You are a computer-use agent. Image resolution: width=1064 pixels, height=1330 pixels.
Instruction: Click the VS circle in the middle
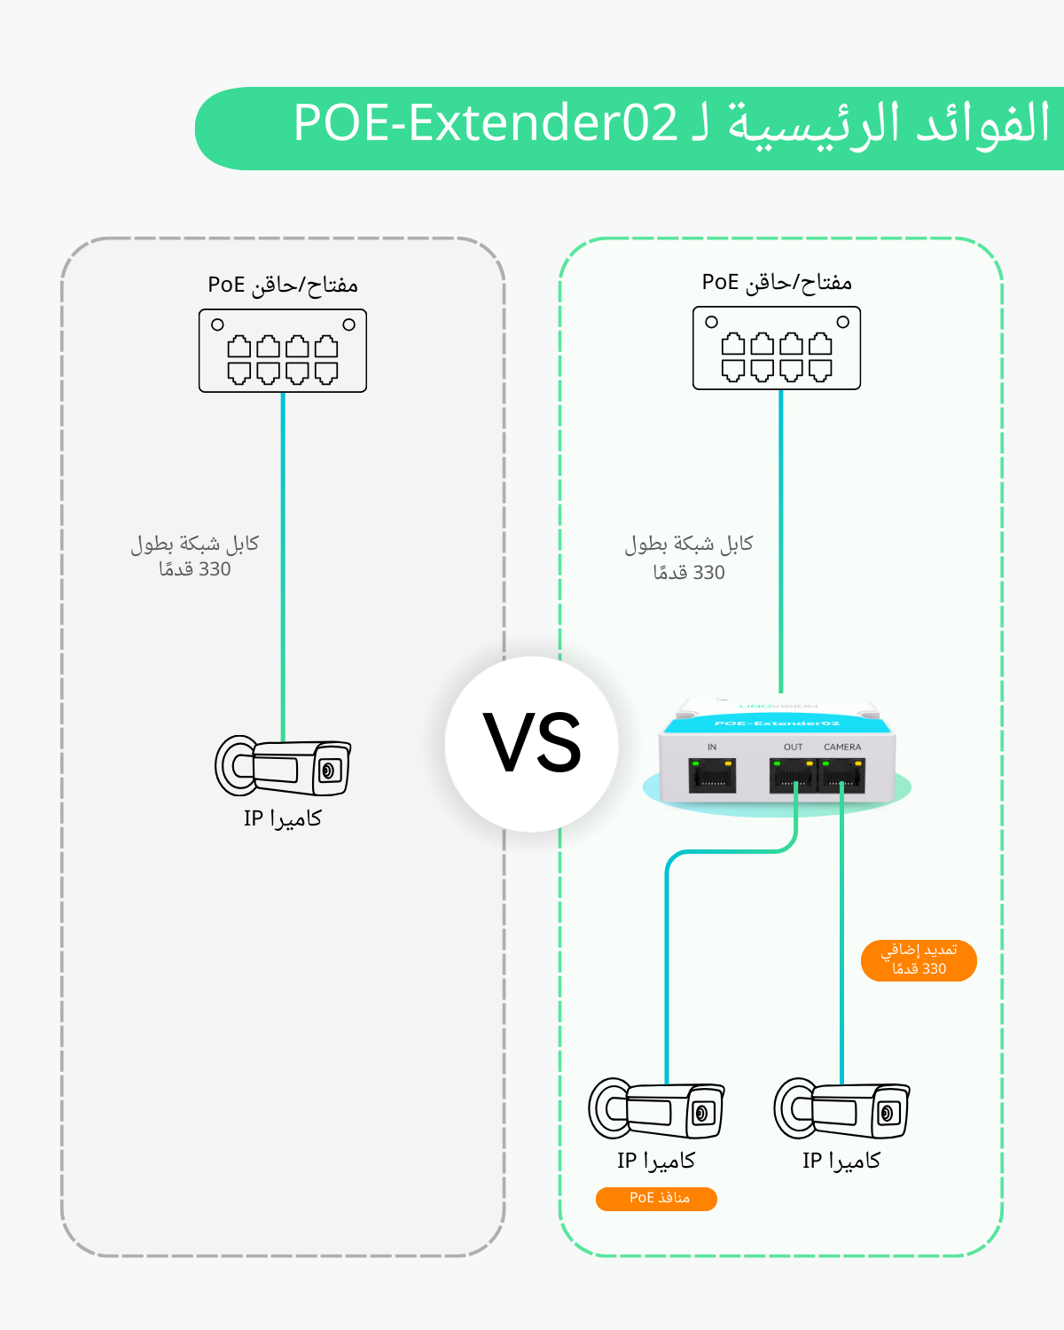(532, 743)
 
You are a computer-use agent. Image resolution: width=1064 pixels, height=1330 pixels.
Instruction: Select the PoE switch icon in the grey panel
(283, 351)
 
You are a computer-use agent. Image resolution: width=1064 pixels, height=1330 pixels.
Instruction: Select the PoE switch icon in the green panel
(777, 348)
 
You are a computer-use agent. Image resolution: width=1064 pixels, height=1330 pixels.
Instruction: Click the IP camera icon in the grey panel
(283, 766)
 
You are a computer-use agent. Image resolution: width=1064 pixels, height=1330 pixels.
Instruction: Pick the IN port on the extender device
(712, 776)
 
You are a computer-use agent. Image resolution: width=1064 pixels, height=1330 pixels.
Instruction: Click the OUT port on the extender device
(792, 776)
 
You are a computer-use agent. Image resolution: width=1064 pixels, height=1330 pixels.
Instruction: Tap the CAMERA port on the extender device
(841, 776)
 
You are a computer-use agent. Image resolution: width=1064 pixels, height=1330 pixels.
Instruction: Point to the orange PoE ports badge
(656, 1198)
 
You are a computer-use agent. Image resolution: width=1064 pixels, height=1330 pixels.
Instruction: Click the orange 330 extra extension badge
(919, 960)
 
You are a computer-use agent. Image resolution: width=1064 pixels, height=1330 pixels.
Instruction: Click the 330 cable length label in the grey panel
(195, 556)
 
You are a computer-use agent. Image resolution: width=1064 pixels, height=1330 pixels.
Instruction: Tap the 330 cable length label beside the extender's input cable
(689, 558)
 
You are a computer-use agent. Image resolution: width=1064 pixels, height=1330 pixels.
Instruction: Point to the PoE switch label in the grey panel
(283, 285)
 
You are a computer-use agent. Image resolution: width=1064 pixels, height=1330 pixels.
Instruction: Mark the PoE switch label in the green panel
(777, 282)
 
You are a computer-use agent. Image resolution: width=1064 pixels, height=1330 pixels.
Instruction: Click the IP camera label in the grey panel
(283, 818)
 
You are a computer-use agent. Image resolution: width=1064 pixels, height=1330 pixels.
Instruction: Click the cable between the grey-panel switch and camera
(283, 567)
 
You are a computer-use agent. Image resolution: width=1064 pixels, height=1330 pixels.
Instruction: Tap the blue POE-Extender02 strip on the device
(777, 724)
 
